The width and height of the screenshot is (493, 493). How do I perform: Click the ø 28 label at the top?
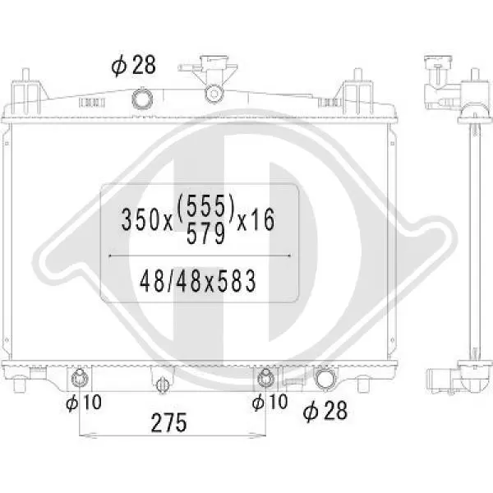(134, 66)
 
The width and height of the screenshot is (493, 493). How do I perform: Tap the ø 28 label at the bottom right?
(325, 411)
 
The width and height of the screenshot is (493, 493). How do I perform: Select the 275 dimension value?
(168, 423)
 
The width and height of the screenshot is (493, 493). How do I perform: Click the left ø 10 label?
(84, 402)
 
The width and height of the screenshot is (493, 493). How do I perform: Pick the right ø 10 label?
(270, 402)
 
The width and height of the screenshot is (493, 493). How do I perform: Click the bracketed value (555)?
(206, 206)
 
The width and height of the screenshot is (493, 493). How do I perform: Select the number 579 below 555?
(206, 234)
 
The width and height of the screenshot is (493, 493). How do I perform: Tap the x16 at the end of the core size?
(256, 219)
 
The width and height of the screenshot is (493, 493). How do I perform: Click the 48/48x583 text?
(198, 281)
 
